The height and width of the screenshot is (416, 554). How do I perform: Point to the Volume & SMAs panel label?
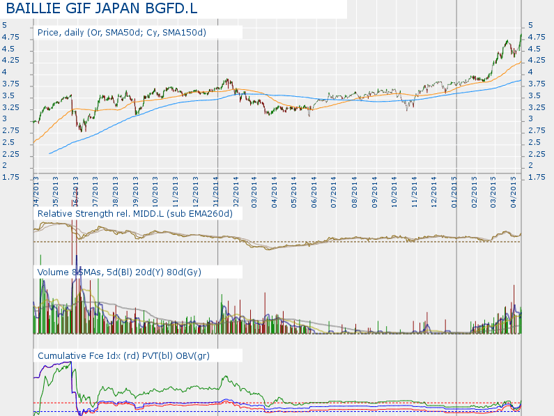point(119,272)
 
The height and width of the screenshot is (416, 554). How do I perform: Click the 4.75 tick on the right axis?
point(537,38)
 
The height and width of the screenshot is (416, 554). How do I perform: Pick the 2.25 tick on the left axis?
point(10,154)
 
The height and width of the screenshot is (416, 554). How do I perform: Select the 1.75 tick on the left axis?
point(10,178)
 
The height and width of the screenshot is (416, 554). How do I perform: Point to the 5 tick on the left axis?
point(5,26)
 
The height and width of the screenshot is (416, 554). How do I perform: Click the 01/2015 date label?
point(454,192)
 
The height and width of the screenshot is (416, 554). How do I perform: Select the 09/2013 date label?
point(135,192)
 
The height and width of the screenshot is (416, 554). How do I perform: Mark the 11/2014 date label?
point(414,192)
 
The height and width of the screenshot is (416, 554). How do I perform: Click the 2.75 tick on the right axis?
point(537,131)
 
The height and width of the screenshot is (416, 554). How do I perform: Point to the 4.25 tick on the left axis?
point(10,61)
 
